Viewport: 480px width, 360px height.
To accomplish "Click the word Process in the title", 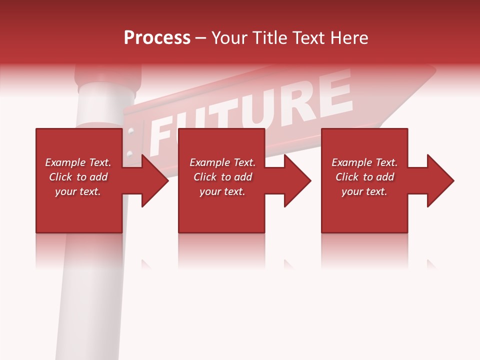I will point(157,38).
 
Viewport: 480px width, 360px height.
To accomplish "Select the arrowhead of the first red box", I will point(152,180).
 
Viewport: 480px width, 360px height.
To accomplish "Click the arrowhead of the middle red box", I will point(295,180).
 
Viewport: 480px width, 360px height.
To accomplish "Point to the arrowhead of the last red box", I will point(438,180).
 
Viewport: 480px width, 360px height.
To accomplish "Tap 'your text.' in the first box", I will point(78,191).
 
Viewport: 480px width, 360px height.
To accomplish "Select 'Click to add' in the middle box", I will point(222,177).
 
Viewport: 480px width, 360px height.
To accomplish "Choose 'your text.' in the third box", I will point(364,191).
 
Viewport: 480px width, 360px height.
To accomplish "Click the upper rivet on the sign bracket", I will point(131,132).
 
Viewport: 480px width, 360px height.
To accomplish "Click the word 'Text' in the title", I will point(309,38).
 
